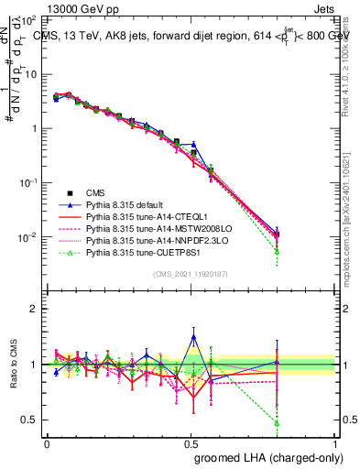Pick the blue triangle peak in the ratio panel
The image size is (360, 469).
pyautogui.click(x=193, y=337)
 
